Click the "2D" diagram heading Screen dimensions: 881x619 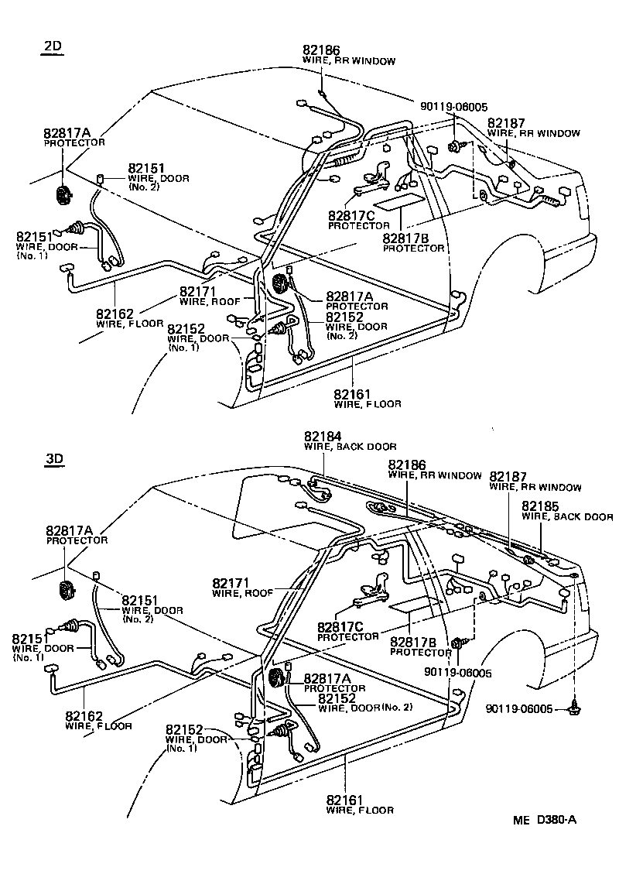coord(53,46)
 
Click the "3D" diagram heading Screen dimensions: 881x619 coord(53,458)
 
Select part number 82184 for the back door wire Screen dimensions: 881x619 coord(323,437)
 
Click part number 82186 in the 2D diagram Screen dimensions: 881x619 coord(320,50)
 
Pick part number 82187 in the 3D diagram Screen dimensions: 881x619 coord(508,477)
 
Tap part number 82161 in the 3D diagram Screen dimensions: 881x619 coord(345,799)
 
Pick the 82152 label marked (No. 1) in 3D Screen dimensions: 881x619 coord(183,729)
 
